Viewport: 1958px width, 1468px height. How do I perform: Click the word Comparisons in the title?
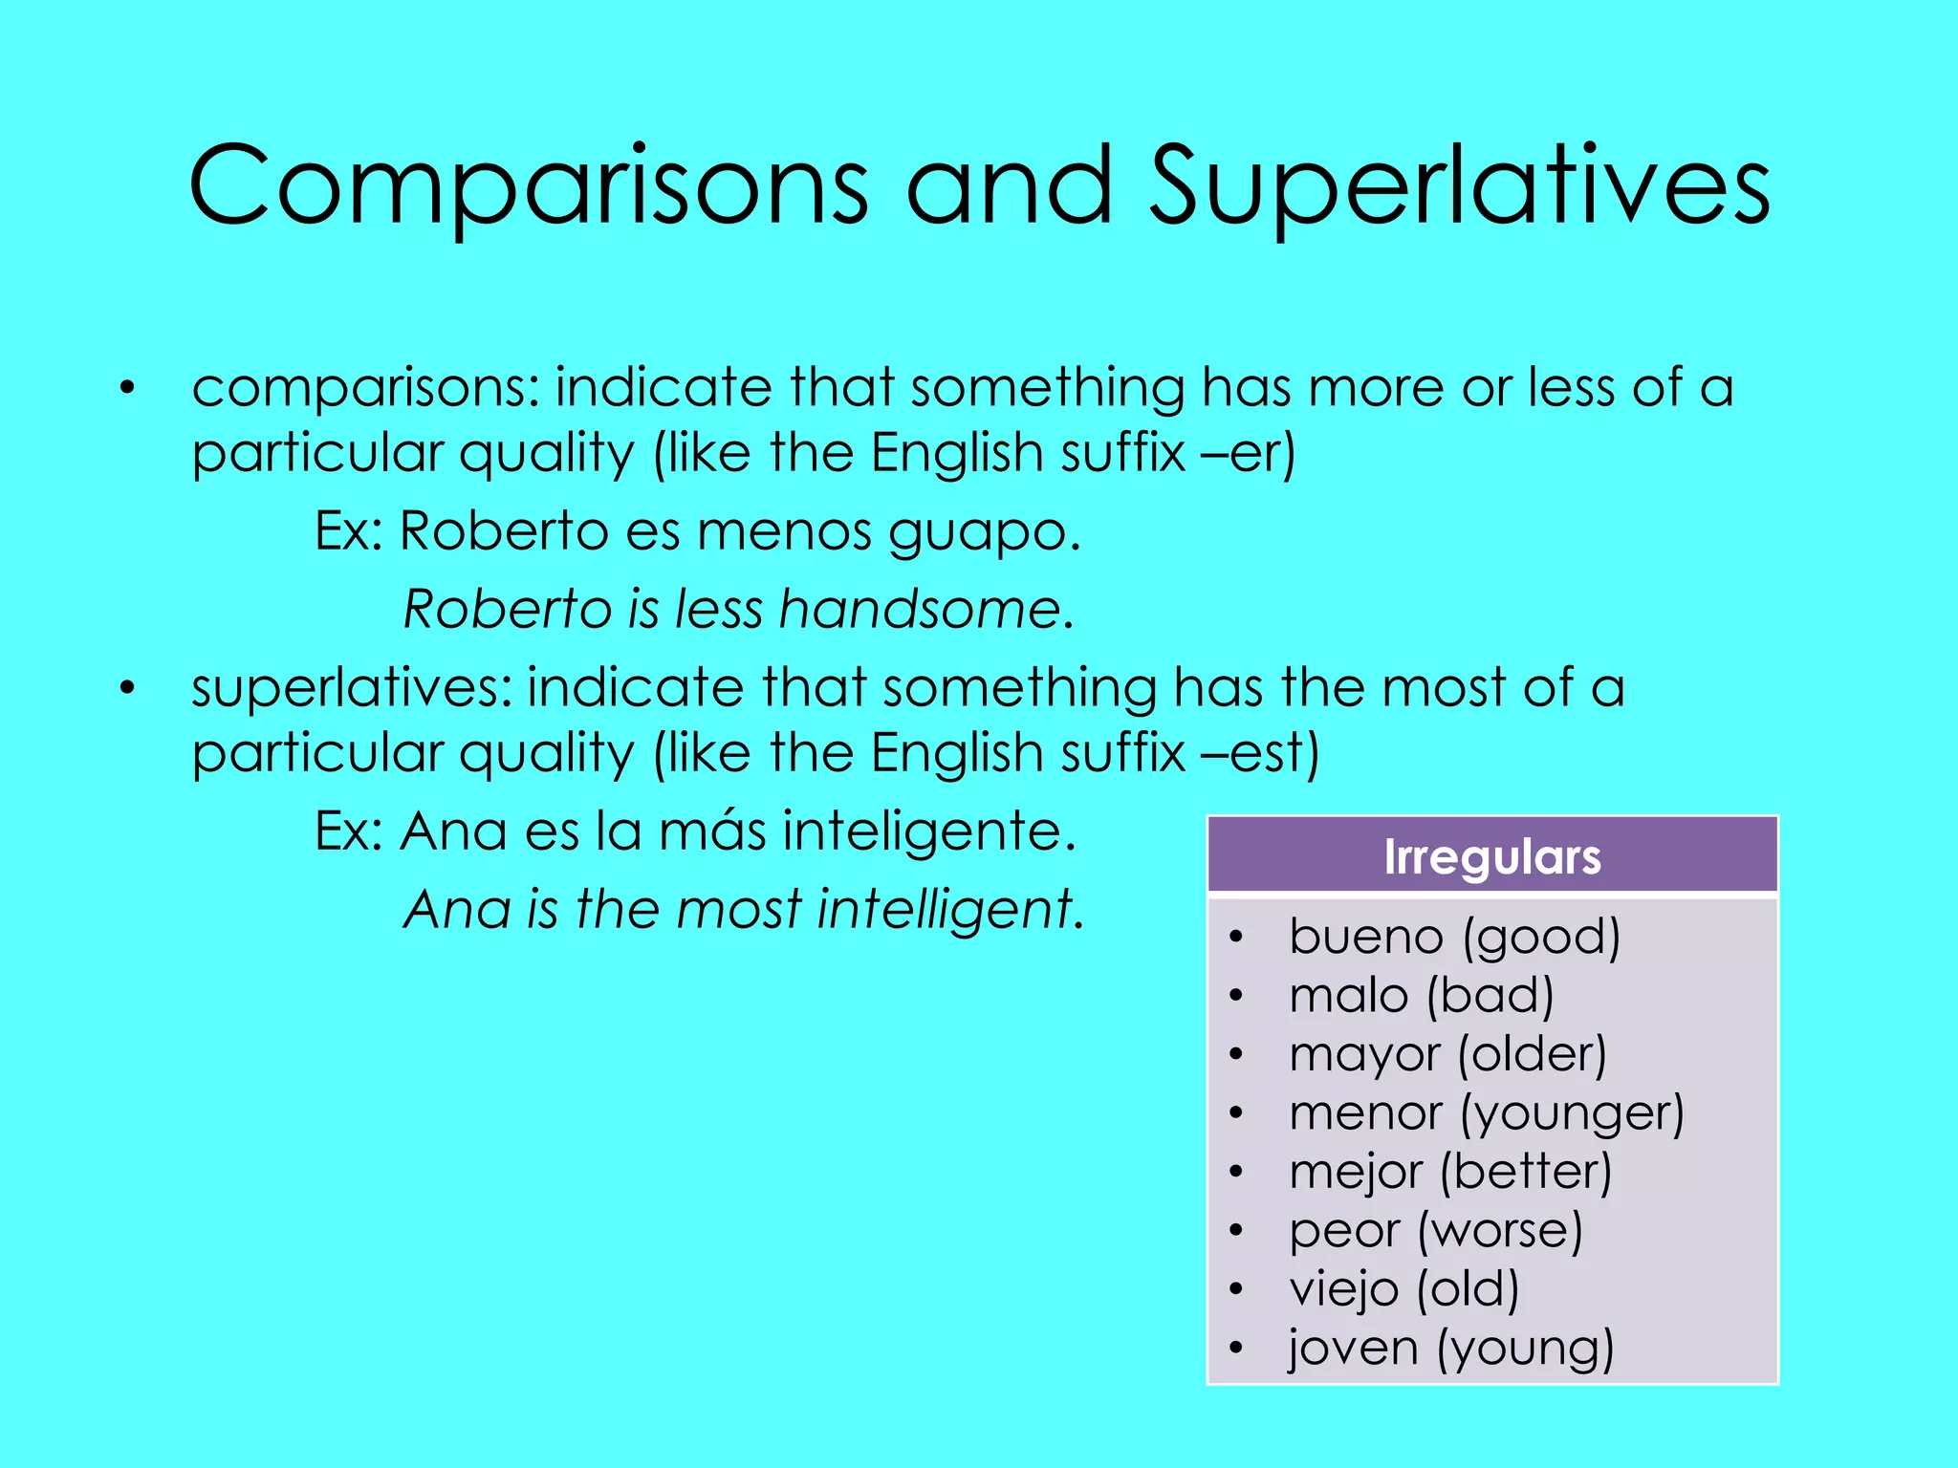click(x=529, y=187)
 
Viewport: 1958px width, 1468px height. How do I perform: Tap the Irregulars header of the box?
click(x=1491, y=856)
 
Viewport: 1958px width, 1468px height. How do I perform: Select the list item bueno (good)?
click(x=1454, y=937)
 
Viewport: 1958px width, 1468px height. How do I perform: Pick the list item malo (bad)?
click(x=1421, y=996)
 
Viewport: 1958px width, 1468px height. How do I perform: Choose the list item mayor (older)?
click(x=1447, y=1055)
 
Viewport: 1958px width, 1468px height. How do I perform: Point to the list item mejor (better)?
click(x=1450, y=1173)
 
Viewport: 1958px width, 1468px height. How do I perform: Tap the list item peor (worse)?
click(x=1435, y=1231)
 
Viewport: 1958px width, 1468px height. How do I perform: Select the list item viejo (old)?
click(x=1403, y=1289)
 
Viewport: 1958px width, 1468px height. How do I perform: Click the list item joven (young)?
click(x=1450, y=1349)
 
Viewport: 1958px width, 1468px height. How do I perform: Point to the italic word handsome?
click(x=918, y=609)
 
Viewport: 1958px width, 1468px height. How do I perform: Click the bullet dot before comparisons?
click(x=127, y=389)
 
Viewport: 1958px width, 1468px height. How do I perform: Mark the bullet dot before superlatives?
click(x=127, y=689)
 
